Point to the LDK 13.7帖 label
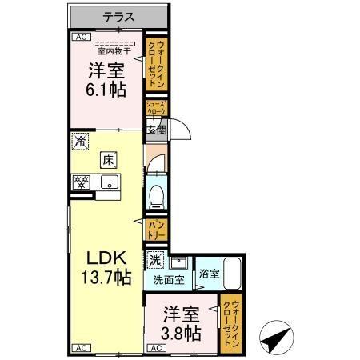[106, 268]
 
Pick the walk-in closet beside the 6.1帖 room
[156, 64]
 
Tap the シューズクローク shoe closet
[155, 108]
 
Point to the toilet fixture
[158, 191]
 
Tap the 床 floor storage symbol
[108, 160]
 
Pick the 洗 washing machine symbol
[155, 260]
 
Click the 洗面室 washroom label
[169, 281]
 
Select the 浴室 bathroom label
[207, 273]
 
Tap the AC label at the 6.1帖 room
[81, 37]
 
